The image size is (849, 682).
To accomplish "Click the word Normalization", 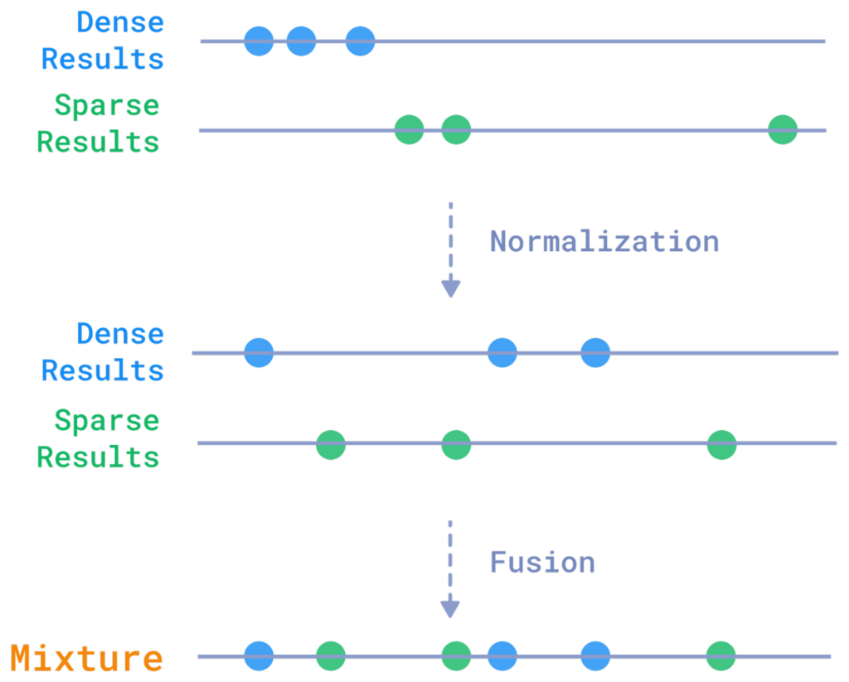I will [x=604, y=241].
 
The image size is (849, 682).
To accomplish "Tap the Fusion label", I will [x=542, y=562].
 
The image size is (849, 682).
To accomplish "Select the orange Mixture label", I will [x=87, y=659].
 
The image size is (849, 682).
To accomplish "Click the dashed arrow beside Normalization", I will [x=450, y=249].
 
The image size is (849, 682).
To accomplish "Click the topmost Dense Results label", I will [x=103, y=41].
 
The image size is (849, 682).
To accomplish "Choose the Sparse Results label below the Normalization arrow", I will [x=99, y=438].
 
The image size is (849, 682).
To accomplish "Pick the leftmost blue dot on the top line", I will [x=259, y=41].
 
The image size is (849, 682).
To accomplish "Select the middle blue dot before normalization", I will [x=301, y=41].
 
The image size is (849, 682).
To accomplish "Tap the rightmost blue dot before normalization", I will [x=360, y=41].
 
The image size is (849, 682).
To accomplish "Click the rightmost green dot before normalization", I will [x=783, y=129].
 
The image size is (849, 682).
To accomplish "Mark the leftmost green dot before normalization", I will [x=409, y=129].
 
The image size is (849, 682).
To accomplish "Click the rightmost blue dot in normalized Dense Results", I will [x=595, y=352].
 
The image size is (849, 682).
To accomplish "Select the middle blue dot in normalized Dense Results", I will [x=502, y=352].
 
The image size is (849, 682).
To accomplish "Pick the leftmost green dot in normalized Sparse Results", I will [x=331, y=444].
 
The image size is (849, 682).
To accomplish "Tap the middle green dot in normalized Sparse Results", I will [x=456, y=444].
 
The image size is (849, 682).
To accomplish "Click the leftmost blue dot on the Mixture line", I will [x=259, y=655].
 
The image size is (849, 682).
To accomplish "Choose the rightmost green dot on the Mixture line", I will [x=721, y=655].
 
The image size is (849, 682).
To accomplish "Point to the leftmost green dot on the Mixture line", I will [x=331, y=655].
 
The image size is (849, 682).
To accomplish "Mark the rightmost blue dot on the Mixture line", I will [x=595, y=655].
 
